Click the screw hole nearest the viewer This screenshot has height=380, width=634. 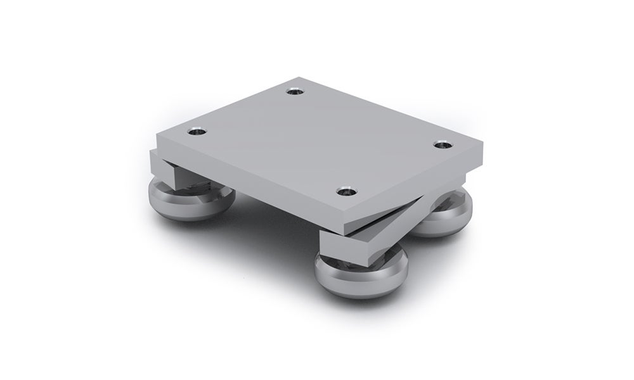(x=344, y=190)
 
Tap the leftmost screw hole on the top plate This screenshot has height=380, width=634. (x=198, y=132)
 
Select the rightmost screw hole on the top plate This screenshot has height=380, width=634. (x=442, y=145)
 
